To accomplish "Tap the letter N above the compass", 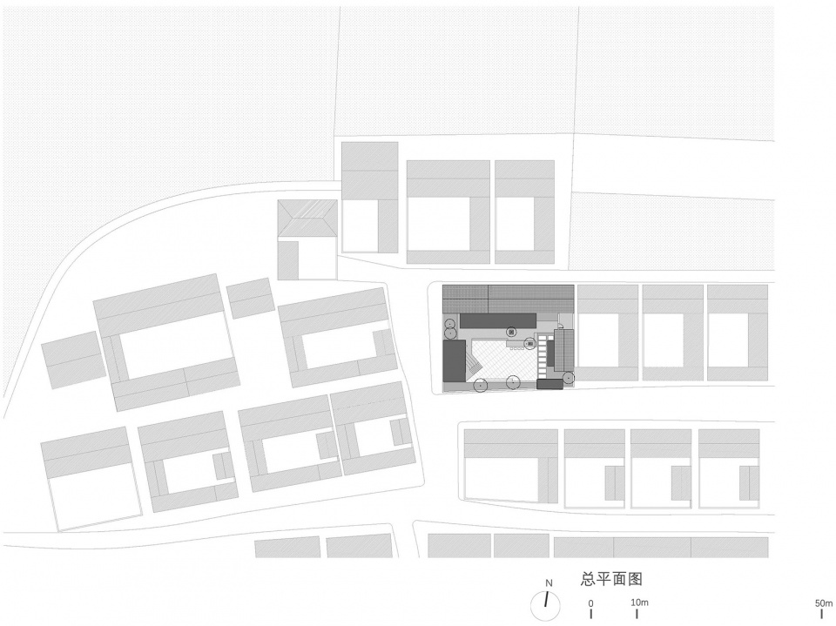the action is pyautogui.click(x=549, y=583).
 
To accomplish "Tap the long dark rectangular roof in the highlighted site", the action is pyautogui.click(x=498, y=320).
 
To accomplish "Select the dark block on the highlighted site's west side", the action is pyautogui.click(x=455, y=361).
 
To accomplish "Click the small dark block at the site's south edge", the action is pyautogui.click(x=549, y=384).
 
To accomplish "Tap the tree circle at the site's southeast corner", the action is pyautogui.click(x=569, y=378).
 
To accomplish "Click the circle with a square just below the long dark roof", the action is pyautogui.click(x=511, y=333).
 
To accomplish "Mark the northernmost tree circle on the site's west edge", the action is pyautogui.click(x=450, y=323).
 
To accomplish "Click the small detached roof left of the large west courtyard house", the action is pyautogui.click(x=71, y=360).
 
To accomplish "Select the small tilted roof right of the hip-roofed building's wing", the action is pyautogui.click(x=251, y=298).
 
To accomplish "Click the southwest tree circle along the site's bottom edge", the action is pyautogui.click(x=481, y=385).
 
